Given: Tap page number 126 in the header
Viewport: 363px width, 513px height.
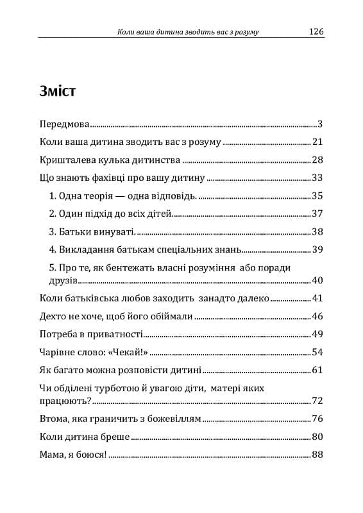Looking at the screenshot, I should click(316, 31).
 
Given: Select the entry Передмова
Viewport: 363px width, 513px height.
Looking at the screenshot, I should click(64, 124).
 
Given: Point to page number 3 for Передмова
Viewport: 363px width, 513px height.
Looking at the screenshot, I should click(319, 124).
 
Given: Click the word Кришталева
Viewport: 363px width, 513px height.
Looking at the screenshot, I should click(65, 160).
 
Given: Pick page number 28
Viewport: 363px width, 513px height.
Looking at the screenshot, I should click(317, 160).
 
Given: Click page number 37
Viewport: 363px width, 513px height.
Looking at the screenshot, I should click(317, 214).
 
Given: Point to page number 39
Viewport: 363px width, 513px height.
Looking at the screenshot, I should click(317, 249).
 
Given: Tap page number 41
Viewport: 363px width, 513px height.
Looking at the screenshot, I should click(317, 298).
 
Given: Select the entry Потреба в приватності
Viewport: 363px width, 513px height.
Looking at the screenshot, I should click(90, 334).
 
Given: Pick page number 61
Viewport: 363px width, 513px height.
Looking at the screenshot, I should click(317, 370).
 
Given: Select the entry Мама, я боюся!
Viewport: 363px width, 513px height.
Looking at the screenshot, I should click(73, 455).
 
